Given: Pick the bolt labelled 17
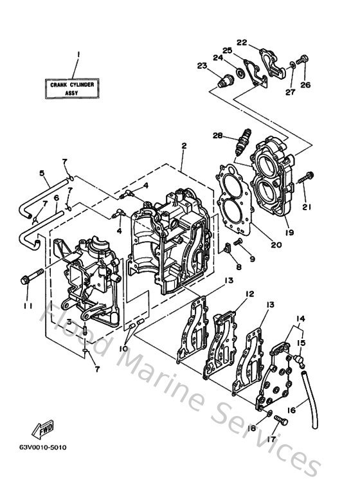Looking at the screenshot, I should [280, 419].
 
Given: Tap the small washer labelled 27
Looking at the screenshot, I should [292, 64].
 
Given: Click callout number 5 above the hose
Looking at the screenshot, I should [41, 172].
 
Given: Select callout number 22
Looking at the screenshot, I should [241, 42].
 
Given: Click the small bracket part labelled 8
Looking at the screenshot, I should [227, 248].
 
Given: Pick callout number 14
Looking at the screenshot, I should [300, 318].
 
